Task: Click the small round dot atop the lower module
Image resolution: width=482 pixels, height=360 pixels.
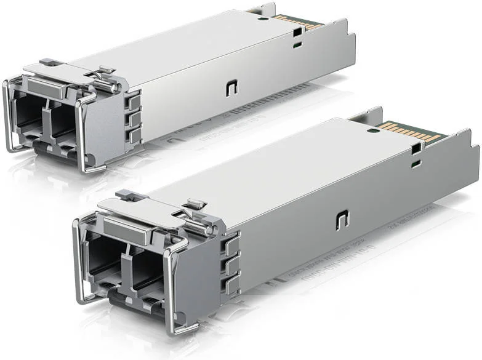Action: tap(372, 130)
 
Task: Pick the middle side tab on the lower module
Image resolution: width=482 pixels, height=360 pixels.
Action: tap(231, 266)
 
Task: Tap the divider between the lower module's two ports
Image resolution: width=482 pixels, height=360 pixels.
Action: tap(126, 258)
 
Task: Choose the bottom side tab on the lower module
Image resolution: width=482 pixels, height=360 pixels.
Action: tap(232, 286)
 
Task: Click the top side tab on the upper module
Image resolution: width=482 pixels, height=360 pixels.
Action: tap(135, 100)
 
